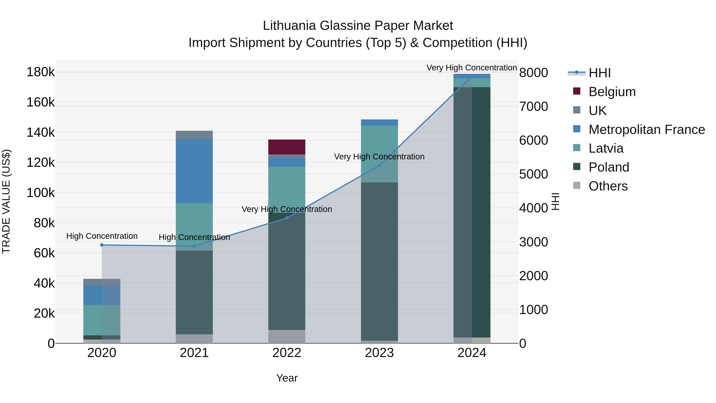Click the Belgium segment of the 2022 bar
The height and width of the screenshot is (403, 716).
pos(287,147)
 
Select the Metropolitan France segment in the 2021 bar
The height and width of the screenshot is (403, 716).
pos(194,171)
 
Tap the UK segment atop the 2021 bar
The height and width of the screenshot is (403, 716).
pos(194,135)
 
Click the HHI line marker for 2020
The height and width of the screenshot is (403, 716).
pos(102,245)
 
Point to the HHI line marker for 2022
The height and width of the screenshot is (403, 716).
pos(287,218)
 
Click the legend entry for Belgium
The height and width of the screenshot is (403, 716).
pos(612,92)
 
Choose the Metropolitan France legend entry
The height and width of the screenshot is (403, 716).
pos(647,130)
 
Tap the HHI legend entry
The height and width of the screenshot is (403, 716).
pos(599,73)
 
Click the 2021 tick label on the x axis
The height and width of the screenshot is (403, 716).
pos(194,353)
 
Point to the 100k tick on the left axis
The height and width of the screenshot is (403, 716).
pos(41,192)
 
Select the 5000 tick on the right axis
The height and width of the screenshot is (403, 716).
pos(533,174)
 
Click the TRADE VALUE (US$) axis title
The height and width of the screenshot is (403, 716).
pos(6,201)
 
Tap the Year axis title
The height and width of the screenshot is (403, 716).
pos(287,378)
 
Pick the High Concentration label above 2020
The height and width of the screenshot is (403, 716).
pos(102,236)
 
